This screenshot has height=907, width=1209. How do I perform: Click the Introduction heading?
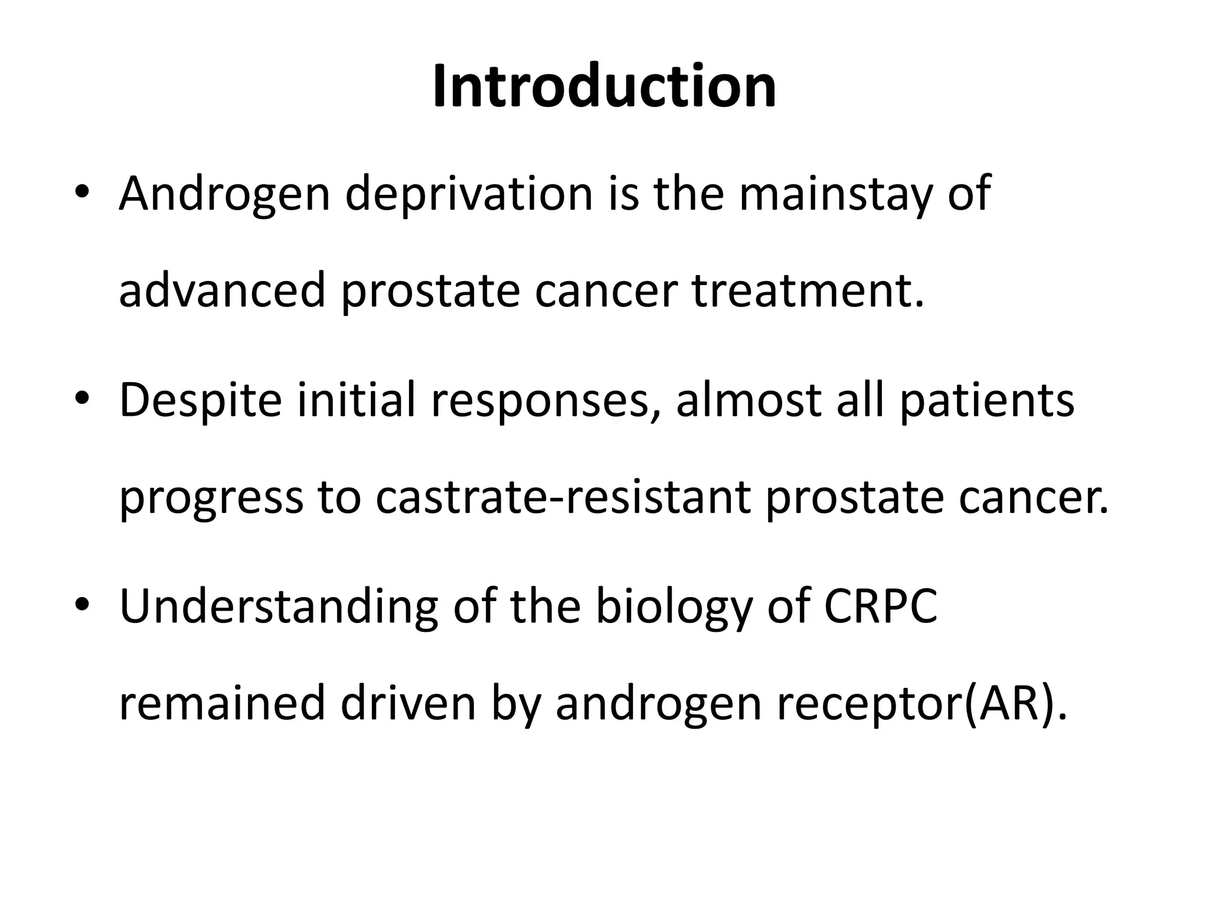tap(604, 87)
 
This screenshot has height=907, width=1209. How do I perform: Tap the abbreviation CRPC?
tap(880, 607)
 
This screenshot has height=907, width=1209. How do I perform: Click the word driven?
tap(408, 704)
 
